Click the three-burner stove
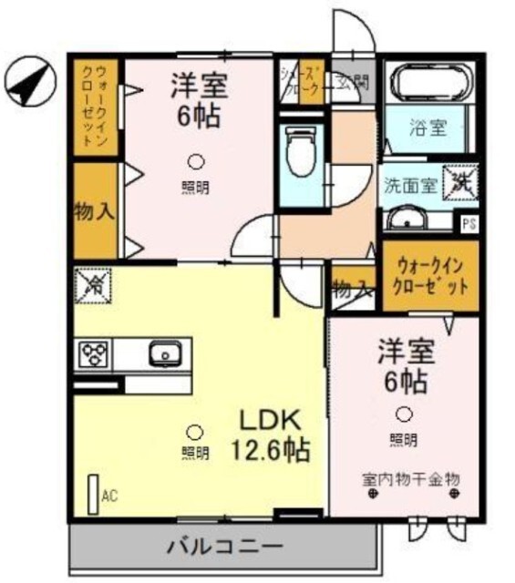point(95,353)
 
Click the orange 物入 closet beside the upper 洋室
point(94,212)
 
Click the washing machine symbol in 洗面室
point(458,179)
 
